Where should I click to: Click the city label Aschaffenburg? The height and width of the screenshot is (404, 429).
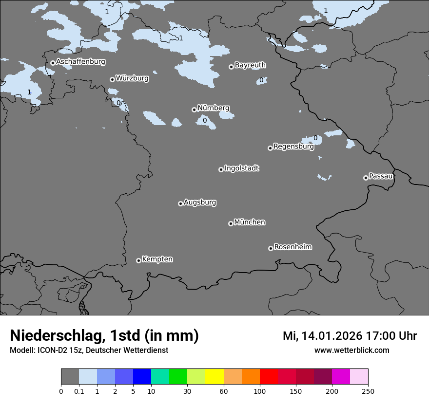click(80, 62)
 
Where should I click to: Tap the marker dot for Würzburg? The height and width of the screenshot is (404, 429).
click(112, 79)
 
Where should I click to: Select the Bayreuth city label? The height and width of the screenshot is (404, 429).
click(250, 65)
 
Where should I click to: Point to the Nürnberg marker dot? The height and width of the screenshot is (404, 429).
click(194, 110)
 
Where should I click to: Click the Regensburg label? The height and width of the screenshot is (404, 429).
click(293, 146)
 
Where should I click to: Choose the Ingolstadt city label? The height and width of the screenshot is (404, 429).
click(242, 168)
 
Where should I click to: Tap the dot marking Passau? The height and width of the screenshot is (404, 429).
click(366, 178)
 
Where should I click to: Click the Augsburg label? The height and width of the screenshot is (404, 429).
click(200, 202)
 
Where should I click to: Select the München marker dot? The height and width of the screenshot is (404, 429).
click(231, 223)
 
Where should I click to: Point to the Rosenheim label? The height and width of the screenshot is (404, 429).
click(293, 247)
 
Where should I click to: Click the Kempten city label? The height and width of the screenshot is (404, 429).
click(157, 259)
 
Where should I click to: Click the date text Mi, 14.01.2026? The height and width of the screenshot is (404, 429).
click(321, 336)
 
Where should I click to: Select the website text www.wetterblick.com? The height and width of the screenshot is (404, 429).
click(351, 350)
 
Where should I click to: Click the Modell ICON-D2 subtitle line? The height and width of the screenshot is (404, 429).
click(89, 350)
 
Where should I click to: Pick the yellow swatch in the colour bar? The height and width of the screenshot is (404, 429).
click(214, 377)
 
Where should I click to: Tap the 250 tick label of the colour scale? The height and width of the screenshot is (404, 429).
click(368, 391)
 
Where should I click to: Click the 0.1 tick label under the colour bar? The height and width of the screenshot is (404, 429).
click(79, 391)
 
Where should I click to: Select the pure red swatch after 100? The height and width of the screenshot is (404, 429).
click(269, 377)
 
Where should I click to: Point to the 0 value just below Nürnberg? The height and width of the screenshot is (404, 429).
click(205, 120)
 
